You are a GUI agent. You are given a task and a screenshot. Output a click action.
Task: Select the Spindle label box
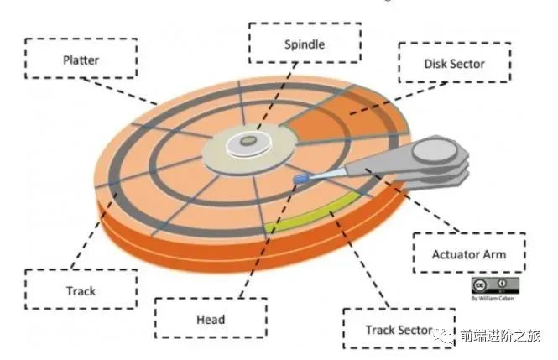[305, 44]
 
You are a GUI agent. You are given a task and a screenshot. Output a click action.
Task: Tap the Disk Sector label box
[454, 64]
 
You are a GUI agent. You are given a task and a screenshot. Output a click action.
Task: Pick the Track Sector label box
[399, 330]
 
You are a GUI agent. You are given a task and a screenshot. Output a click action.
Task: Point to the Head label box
[211, 319]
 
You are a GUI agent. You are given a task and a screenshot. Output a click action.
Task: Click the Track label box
[80, 291]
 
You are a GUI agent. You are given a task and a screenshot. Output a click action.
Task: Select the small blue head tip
[300, 179]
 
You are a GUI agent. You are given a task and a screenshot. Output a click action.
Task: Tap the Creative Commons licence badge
[494, 284]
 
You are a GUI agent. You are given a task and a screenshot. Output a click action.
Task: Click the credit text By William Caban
[494, 297]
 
